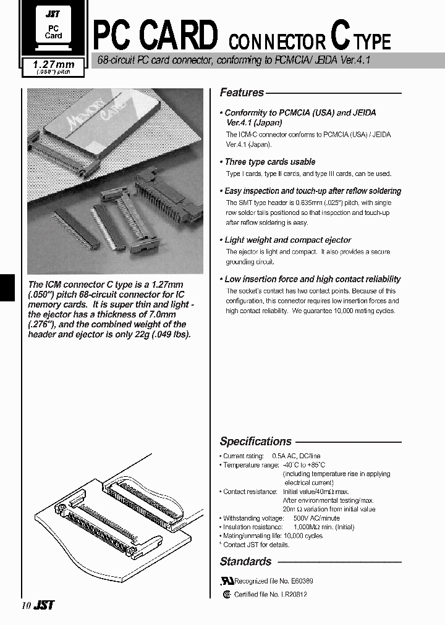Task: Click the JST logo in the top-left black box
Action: (53, 12)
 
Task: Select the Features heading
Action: (242, 93)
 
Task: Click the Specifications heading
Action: (255, 442)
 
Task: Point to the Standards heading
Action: (245, 561)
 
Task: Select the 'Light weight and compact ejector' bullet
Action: (287, 240)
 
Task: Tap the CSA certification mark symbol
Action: (227, 594)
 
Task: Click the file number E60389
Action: (299, 581)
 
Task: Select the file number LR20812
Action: (294, 594)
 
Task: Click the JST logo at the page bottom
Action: (44, 606)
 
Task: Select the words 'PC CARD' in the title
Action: (155, 36)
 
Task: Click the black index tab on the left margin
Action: (6, 287)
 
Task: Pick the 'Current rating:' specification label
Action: (243, 456)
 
